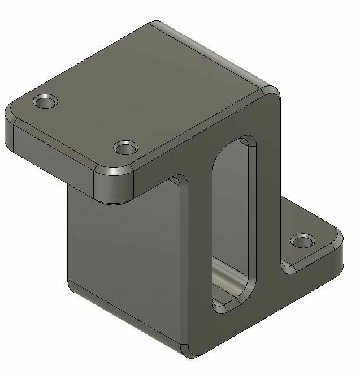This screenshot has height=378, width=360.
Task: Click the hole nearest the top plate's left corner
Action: [46, 102]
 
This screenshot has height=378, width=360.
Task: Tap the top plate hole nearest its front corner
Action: [125, 148]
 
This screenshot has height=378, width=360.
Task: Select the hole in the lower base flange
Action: [303, 242]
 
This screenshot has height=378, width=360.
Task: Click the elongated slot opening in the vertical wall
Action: [232, 221]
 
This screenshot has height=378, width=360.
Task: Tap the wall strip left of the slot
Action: [198, 255]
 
